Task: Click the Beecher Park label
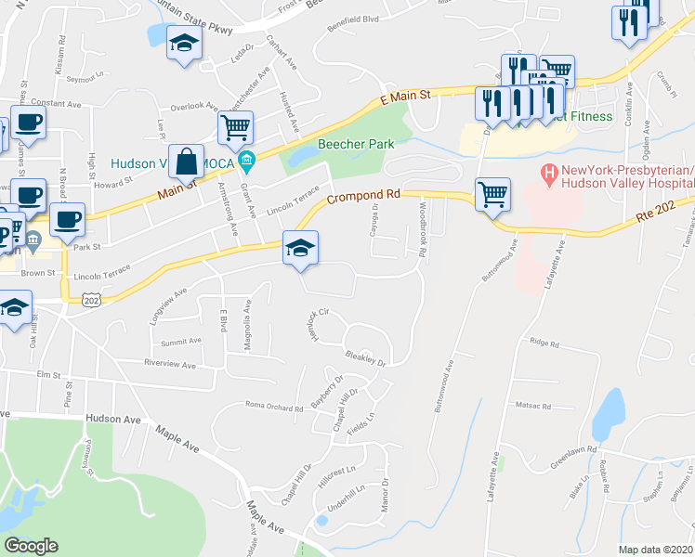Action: click(356, 144)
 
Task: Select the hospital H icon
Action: click(549, 172)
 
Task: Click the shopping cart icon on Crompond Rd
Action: click(492, 195)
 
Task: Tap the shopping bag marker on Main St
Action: click(187, 162)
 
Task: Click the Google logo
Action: click(31, 546)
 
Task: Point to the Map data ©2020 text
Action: click(656, 550)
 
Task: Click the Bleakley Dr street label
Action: click(364, 358)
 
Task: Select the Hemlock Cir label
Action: click(319, 327)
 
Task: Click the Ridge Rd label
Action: click(544, 343)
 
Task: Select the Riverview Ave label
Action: click(170, 366)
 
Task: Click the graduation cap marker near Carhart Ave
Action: click(184, 43)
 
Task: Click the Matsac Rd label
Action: click(534, 405)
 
